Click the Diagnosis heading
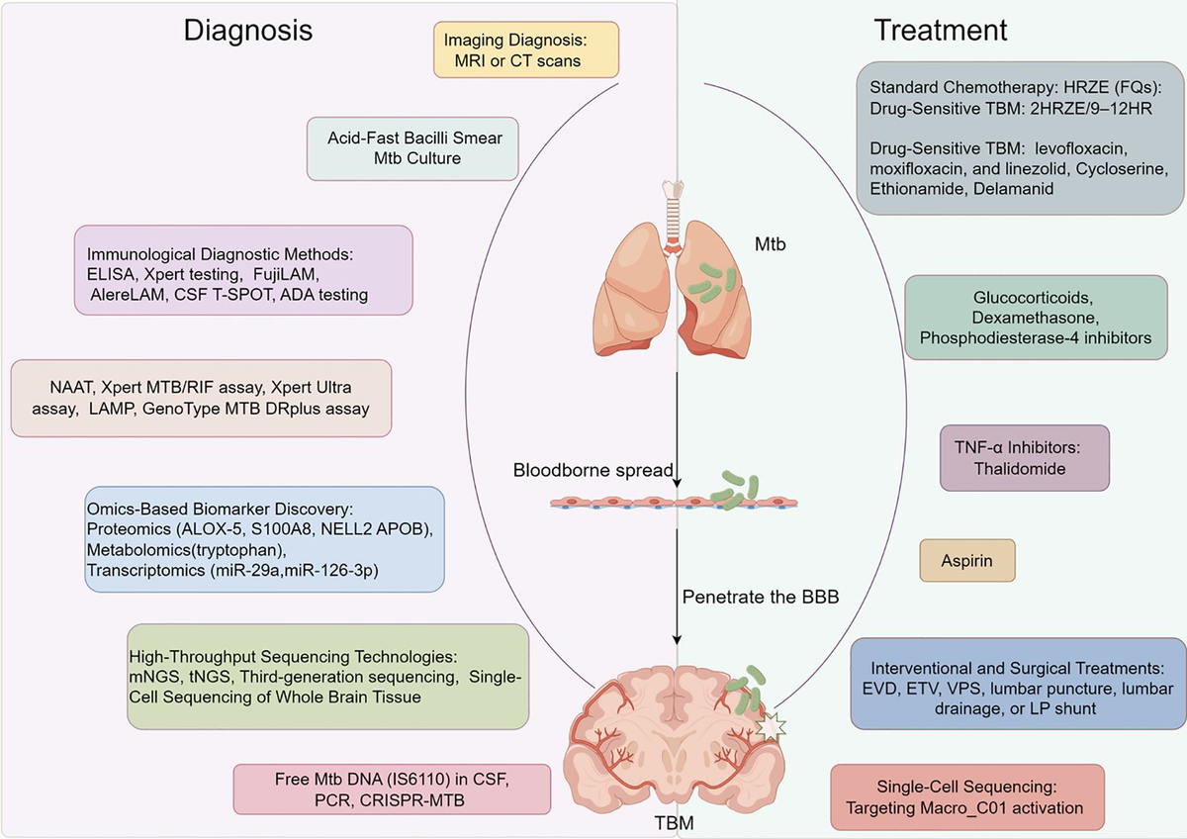tap(248, 31)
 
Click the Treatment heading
tap(940, 31)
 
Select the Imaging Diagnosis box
tap(526, 51)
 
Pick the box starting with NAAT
tap(201, 397)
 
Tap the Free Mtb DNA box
tap(392, 789)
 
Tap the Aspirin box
tap(968, 560)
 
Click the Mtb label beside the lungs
tap(770, 243)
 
